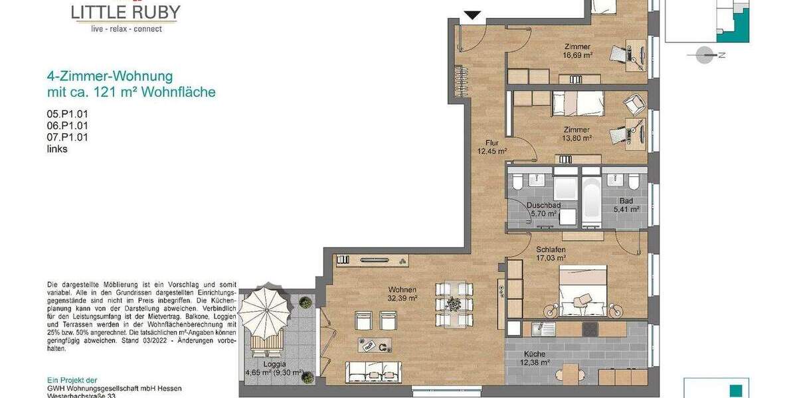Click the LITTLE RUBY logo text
[126, 12]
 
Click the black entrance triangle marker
[472, 15]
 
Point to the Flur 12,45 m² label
[491, 147]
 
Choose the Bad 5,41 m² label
[626, 205]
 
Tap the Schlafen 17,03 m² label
[551, 253]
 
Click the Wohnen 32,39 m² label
[403, 294]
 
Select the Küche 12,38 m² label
[535, 358]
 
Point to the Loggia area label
[274, 369]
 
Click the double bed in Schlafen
[583, 290]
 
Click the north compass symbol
[705, 55]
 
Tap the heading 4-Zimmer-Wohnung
[110, 76]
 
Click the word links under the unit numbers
[57, 149]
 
